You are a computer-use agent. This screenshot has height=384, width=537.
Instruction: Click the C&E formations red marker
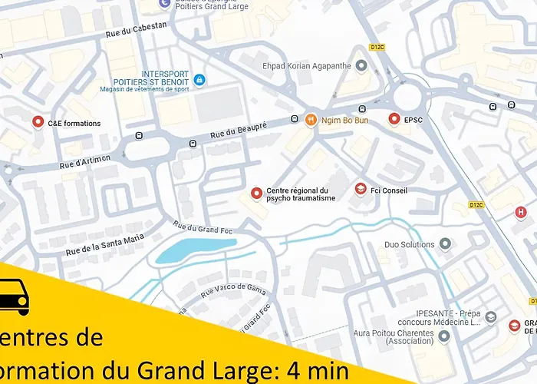(38, 122)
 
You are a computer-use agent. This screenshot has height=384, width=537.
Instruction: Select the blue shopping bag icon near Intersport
(199, 80)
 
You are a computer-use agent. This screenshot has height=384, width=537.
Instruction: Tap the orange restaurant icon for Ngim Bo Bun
(311, 120)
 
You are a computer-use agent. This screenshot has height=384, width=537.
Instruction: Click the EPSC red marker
(394, 120)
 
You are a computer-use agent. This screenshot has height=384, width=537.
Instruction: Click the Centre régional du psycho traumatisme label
(301, 194)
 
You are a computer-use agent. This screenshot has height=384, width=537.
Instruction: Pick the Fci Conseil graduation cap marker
(361, 190)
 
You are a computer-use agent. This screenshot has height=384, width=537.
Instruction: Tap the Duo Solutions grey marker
(445, 244)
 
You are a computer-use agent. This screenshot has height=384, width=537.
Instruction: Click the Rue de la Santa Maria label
(104, 243)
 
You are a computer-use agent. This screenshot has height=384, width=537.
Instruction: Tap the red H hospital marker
(521, 213)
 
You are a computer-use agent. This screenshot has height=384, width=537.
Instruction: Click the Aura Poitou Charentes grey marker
(444, 335)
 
